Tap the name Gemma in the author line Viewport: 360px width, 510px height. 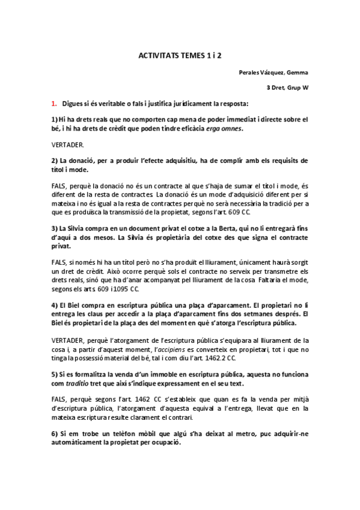click(x=297, y=73)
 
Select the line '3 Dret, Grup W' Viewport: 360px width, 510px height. click(x=288, y=88)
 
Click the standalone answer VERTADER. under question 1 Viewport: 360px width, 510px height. click(x=68, y=145)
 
